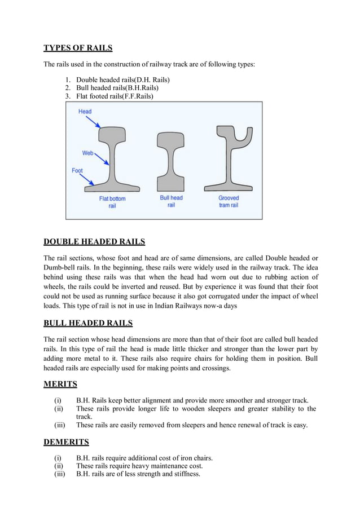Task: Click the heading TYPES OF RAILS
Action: point(78,47)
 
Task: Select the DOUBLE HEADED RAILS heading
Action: point(94,242)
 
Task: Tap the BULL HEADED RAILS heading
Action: point(88,323)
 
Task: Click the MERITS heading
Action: point(60,385)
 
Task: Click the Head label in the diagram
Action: point(85,112)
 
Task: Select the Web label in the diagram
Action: point(87,153)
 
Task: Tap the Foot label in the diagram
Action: point(77,170)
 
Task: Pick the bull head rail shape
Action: point(171,161)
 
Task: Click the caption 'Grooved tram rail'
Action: point(229,202)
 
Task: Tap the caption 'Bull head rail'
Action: point(171,202)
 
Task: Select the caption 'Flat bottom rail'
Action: point(112,202)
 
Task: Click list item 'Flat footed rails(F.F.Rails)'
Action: point(115,96)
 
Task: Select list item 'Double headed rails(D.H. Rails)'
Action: point(123,80)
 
